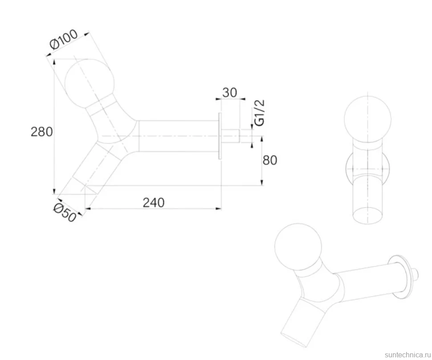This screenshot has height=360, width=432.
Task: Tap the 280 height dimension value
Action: coord(41,132)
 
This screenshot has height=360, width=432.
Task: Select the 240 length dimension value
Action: coord(154,203)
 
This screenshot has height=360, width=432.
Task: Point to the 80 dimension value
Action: coord(270,160)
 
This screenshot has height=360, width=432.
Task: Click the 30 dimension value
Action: coord(229,93)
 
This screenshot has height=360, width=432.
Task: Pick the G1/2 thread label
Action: coord(260,113)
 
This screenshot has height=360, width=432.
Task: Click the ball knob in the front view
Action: coord(367,119)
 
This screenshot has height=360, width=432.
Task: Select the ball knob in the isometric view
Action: coord(298,247)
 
